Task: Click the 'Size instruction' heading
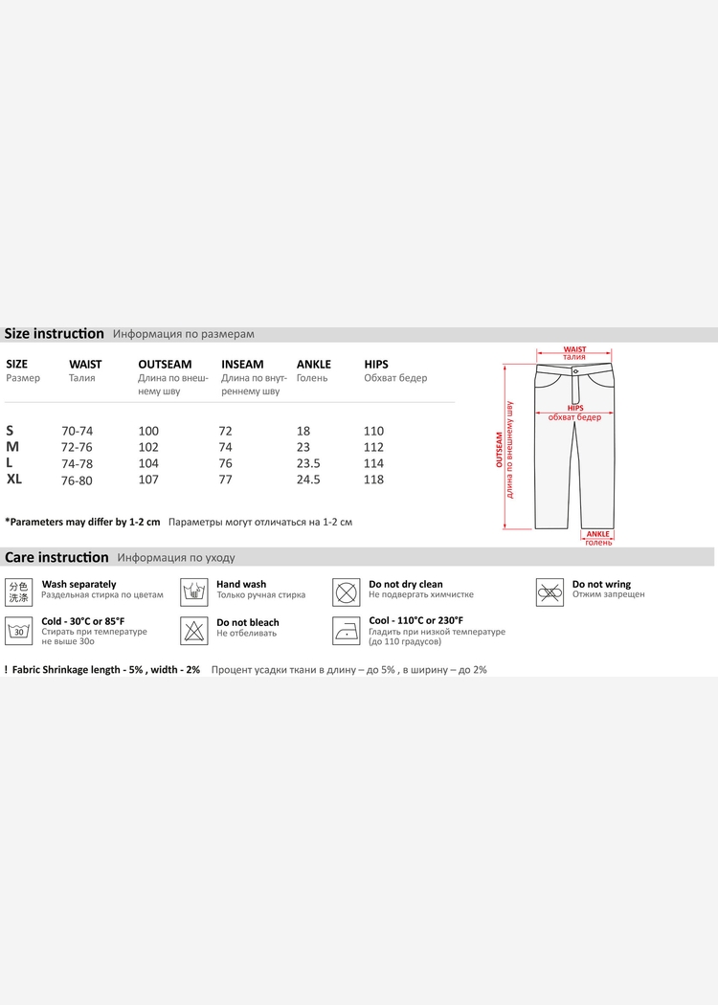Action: click(x=55, y=334)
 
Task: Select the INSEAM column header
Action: click(x=242, y=365)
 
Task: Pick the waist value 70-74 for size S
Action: click(x=77, y=432)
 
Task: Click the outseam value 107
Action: click(x=148, y=480)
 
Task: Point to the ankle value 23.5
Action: click(x=308, y=463)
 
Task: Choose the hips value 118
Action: click(x=373, y=480)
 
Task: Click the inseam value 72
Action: click(x=225, y=432)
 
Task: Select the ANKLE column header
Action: click(x=314, y=365)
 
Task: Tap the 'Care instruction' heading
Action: click(x=57, y=557)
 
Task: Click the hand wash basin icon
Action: click(x=194, y=591)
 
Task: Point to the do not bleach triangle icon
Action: click(x=194, y=630)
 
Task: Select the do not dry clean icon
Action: click(x=346, y=592)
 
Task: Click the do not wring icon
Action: click(x=549, y=592)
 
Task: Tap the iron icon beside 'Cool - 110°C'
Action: click(x=346, y=630)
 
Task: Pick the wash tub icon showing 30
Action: click(x=18, y=630)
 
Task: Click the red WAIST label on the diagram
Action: click(x=574, y=350)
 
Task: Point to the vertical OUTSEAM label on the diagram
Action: click(x=499, y=448)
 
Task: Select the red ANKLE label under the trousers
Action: click(x=597, y=534)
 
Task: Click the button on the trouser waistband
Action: click(x=575, y=369)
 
